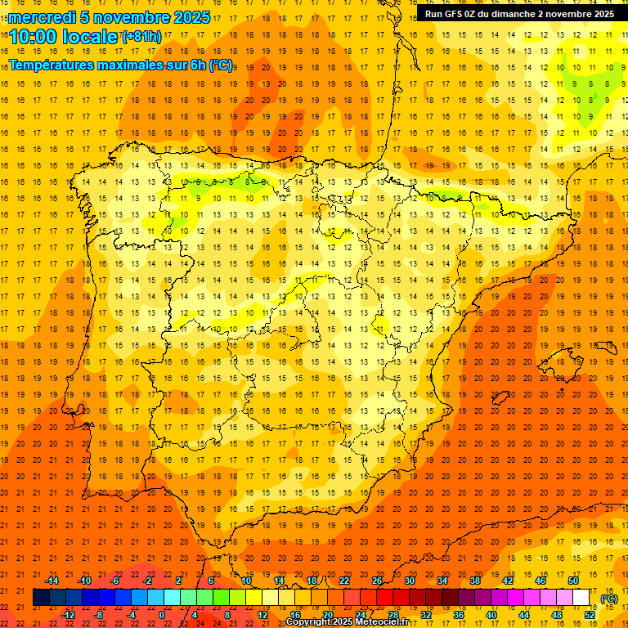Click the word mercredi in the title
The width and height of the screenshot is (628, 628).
tap(42, 18)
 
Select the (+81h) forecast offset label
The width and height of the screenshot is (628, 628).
tap(141, 37)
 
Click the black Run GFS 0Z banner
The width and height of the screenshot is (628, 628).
tap(520, 14)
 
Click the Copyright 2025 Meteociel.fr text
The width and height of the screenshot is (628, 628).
tap(347, 622)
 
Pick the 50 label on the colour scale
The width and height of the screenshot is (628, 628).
tap(572, 581)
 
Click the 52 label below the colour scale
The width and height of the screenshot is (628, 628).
tap(589, 614)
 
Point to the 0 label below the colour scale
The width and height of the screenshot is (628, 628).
tap(162, 614)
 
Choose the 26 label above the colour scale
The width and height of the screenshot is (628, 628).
tap(376, 581)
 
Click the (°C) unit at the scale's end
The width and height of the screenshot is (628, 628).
tap(608, 599)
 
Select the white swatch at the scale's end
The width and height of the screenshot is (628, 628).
tap(581, 598)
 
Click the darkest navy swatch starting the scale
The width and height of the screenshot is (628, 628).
tap(41, 598)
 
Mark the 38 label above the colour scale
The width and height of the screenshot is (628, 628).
tap(474, 581)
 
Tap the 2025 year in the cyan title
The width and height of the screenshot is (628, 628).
tap(191, 18)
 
